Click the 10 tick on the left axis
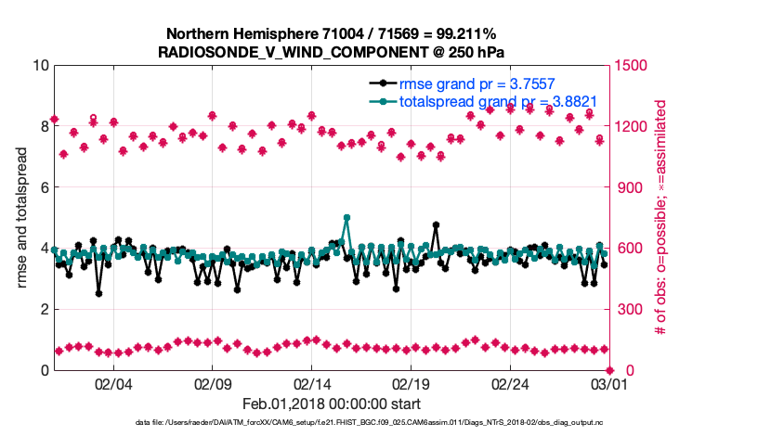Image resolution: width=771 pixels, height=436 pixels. click(39, 66)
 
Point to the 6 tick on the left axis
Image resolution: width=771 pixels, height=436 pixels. click(43, 187)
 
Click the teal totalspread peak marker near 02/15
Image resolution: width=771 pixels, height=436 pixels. click(346, 218)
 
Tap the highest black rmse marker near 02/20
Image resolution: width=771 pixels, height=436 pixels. click(436, 225)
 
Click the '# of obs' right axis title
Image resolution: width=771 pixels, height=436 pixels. click(661, 217)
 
